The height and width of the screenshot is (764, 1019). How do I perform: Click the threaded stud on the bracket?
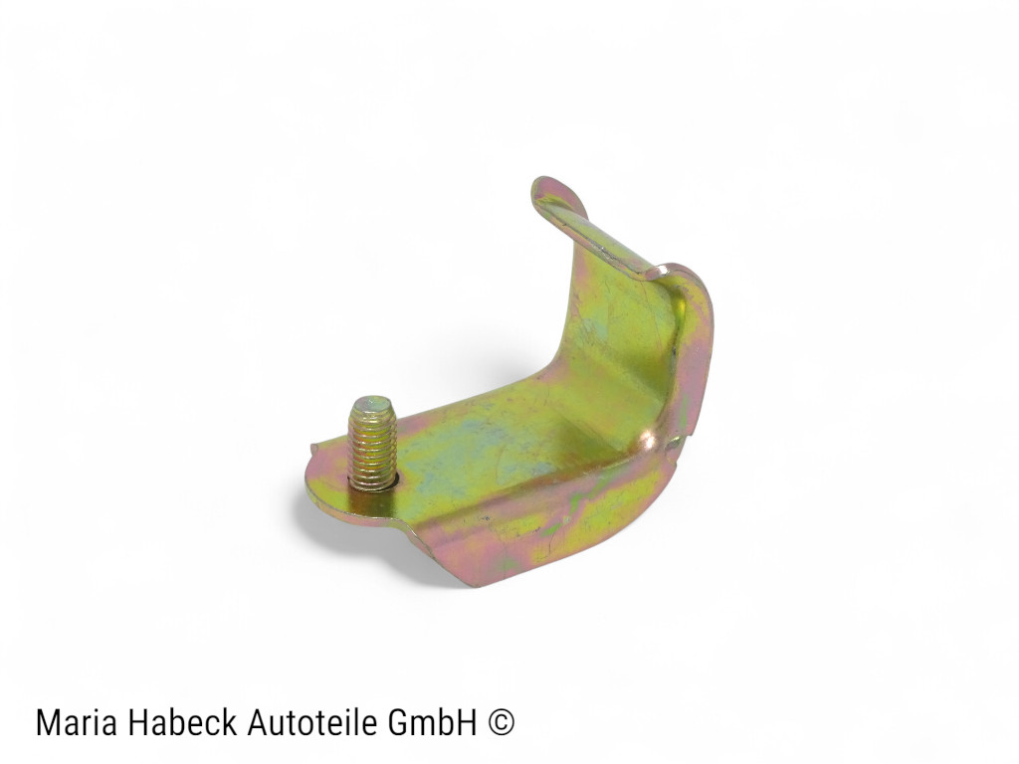372,443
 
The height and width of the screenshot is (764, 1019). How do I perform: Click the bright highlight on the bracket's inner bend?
647,443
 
